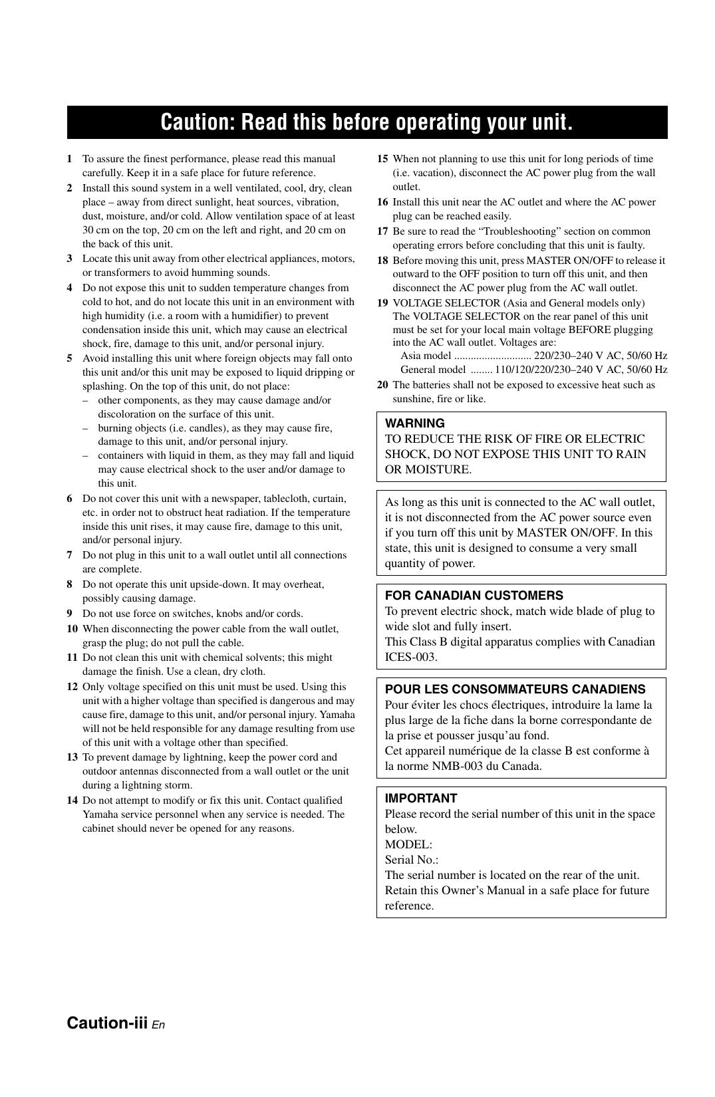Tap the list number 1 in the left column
coord(69,159)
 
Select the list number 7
coord(69,555)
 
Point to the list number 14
coord(72,800)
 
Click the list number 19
coord(382,303)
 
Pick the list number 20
coord(382,385)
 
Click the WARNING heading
coord(415,424)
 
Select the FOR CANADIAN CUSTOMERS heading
coord(474,596)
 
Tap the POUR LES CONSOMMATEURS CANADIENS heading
coord(515,689)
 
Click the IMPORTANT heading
coord(421,798)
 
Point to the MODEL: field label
coord(408,845)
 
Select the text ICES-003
coord(411,658)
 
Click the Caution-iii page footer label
coord(107,1023)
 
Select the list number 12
coord(72,687)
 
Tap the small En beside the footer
coord(158,1025)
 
